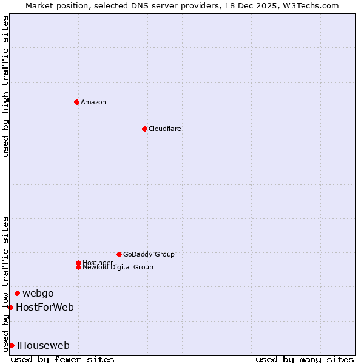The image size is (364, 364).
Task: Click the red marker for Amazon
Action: [76, 102]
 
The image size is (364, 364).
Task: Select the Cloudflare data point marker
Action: [144, 129]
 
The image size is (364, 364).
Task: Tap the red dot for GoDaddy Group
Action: [119, 254]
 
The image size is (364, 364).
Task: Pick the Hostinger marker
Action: [78, 263]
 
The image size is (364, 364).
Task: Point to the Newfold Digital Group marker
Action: [78, 267]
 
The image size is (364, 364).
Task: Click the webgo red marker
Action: [17, 293]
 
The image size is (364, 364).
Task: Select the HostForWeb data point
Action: [10, 307]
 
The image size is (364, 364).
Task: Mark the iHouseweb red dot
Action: [12, 345]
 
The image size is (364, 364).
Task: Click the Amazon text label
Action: [93, 102]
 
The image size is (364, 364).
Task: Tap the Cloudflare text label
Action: [164, 129]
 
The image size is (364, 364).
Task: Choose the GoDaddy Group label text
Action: [149, 254]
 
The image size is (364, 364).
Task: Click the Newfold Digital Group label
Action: [118, 268]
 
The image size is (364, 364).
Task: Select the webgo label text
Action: [38, 294]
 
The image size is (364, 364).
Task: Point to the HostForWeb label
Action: [45, 308]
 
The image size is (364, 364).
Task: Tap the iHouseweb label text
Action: [43, 346]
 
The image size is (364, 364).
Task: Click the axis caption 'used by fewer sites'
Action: [62, 359]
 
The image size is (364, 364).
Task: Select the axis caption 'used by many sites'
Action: [305, 359]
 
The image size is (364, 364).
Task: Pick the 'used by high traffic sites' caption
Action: [6, 86]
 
